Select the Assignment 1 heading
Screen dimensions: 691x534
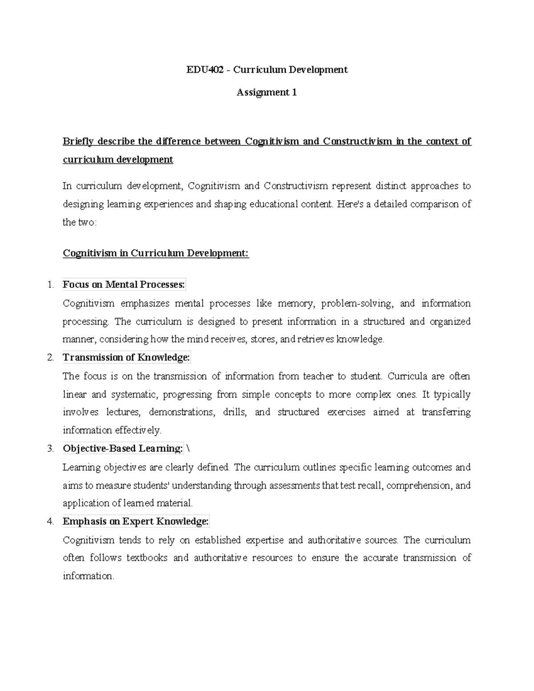[267, 93]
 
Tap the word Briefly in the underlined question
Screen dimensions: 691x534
[78, 141]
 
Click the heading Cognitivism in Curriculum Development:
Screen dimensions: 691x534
[156, 253]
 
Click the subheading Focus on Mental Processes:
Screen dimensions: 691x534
[124, 285]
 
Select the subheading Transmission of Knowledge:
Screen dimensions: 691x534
[126, 358]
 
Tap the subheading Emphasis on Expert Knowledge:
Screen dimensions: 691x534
[136, 521]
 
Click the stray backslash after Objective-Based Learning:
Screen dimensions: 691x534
[188, 449]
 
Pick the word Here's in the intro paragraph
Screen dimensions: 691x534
[351, 204]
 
